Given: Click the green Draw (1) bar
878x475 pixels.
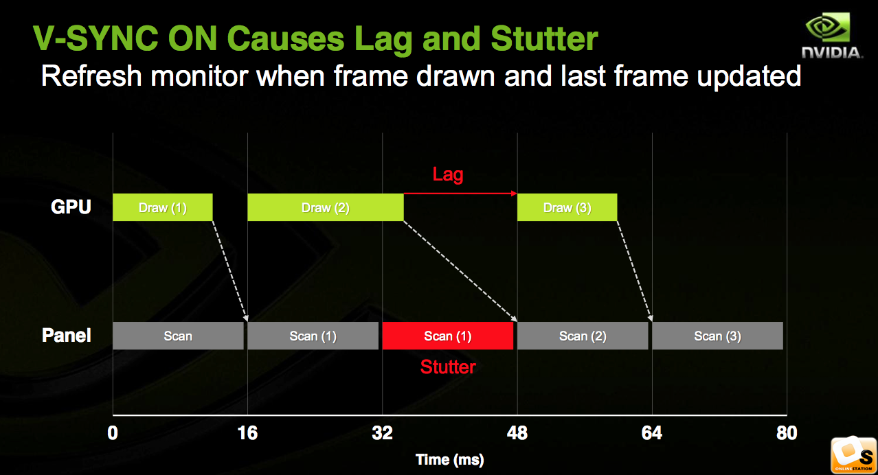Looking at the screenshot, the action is point(163,207).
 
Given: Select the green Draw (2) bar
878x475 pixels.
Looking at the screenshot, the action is point(326,207).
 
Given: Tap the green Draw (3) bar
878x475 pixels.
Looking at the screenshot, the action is point(567,207).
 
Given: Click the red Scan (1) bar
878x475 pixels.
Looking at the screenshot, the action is point(448,336).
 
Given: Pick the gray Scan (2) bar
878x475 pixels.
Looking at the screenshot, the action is point(583,336).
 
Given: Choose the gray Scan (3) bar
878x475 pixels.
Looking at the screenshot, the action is point(718,336).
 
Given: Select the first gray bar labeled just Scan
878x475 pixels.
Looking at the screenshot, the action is point(178,336).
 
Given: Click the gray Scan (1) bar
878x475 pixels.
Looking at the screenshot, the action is point(313,336).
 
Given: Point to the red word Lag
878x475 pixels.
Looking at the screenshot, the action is point(448,174).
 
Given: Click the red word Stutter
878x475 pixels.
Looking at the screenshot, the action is point(448,367).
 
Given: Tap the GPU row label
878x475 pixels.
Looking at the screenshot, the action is point(71,207).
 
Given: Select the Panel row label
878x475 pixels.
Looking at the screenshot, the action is point(66,335).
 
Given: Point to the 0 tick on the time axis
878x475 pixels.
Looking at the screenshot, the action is point(113,433).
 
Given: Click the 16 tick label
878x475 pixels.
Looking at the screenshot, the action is point(247,433).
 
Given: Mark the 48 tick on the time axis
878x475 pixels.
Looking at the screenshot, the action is point(517,433).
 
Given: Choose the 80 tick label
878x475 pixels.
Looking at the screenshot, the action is point(787,433).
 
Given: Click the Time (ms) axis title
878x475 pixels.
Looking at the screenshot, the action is point(449,460).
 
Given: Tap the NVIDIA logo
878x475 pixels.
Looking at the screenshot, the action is point(831,36).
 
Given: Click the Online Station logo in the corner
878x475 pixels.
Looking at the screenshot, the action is point(854,455).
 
